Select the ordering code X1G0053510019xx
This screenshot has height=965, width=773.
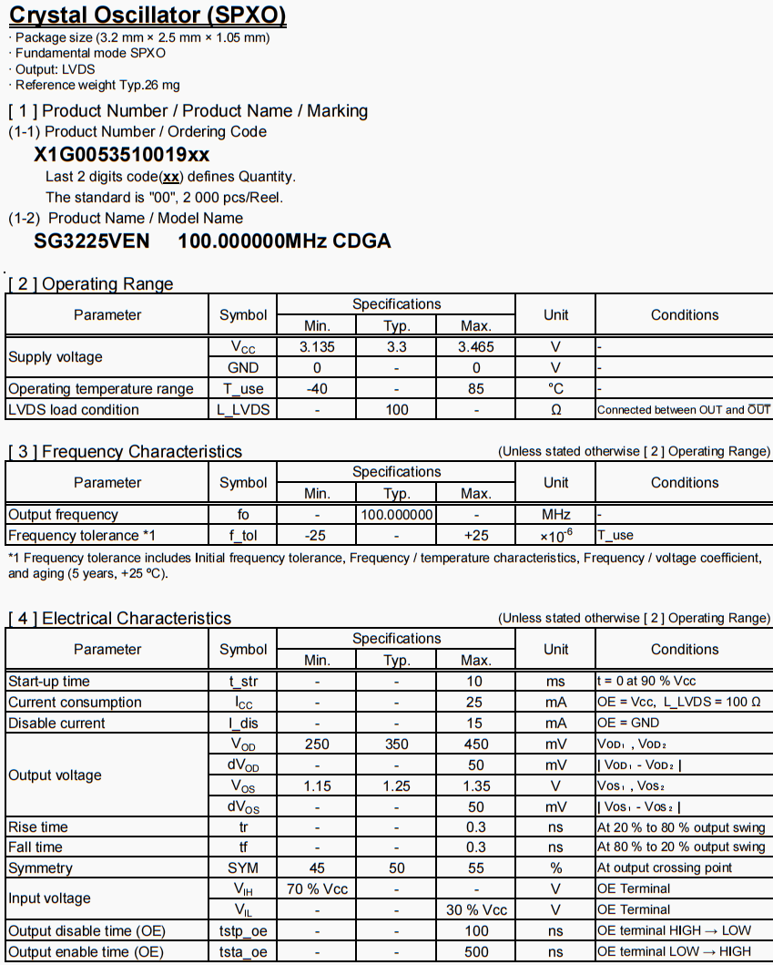click(121, 154)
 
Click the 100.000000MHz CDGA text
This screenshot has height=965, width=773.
click(284, 241)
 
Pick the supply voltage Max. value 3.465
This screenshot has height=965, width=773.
click(475, 347)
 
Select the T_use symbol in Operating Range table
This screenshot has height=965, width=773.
click(243, 389)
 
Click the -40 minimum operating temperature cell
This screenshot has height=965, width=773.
click(317, 389)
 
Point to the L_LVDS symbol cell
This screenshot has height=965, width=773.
click(243, 410)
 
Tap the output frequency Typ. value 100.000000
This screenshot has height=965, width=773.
click(396, 515)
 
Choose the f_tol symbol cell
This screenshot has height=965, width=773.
click(243, 536)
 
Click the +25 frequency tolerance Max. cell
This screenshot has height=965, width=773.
click(475, 536)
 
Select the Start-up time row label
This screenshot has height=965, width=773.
click(49, 682)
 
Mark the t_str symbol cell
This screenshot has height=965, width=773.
click(243, 682)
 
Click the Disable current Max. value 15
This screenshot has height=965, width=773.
click(475, 724)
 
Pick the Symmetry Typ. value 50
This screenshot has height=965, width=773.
click(396, 868)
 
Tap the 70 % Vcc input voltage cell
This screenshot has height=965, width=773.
click(317, 889)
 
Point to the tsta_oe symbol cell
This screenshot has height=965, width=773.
click(243, 952)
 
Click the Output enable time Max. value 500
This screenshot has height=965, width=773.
click(475, 952)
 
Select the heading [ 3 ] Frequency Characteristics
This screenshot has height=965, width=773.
click(125, 452)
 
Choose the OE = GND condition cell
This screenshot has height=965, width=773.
click(627, 724)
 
